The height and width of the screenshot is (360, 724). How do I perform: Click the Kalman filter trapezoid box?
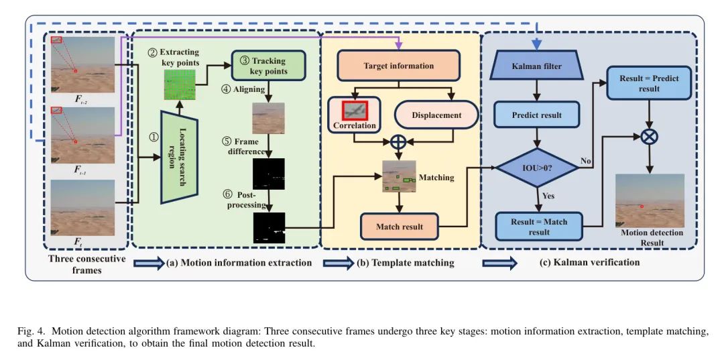536,66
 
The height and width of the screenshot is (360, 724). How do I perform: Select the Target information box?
398,66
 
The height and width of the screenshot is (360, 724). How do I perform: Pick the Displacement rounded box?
436,115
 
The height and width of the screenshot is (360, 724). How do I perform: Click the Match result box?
399,227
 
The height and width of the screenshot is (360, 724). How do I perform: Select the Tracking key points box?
269,66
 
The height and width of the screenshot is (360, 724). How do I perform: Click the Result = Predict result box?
649,83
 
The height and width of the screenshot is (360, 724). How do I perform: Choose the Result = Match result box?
538,227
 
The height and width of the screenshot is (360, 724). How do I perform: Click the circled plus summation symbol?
399,141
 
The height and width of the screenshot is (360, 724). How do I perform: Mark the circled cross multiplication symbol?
649,136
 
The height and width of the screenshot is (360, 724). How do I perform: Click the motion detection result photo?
649,200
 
